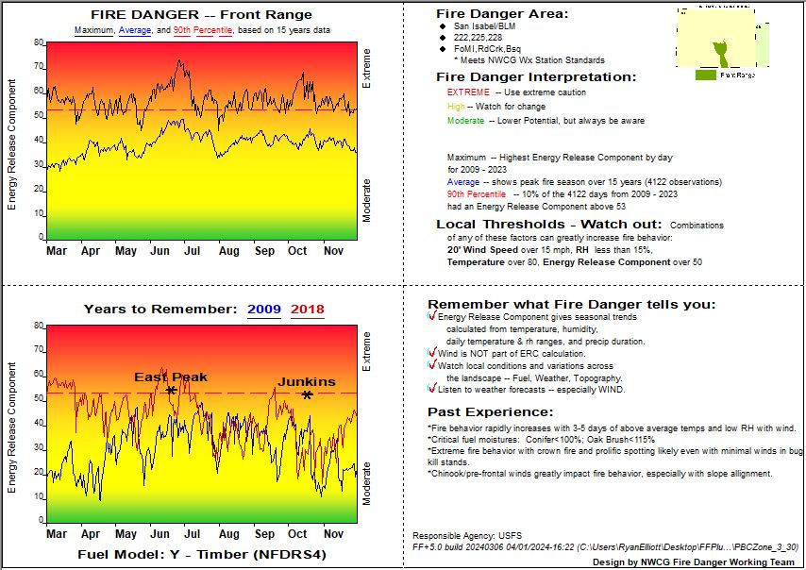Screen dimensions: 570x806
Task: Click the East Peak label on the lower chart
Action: tap(170, 377)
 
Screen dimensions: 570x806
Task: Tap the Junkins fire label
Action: tap(306, 381)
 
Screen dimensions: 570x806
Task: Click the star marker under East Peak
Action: tap(171, 390)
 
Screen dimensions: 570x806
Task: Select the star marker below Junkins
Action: tap(307, 394)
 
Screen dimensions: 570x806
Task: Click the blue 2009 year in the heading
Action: tap(264, 310)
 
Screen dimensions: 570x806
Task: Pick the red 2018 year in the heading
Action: tap(308, 310)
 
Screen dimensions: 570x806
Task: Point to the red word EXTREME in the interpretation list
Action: tap(468, 92)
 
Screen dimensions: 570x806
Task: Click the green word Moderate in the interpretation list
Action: tap(465, 121)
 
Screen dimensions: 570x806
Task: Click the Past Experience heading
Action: tap(490, 411)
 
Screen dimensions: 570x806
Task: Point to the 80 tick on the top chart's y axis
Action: tap(39, 42)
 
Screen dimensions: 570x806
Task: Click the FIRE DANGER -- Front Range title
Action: tap(201, 14)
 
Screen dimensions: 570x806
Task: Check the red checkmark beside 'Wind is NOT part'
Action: tap(432, 353)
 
